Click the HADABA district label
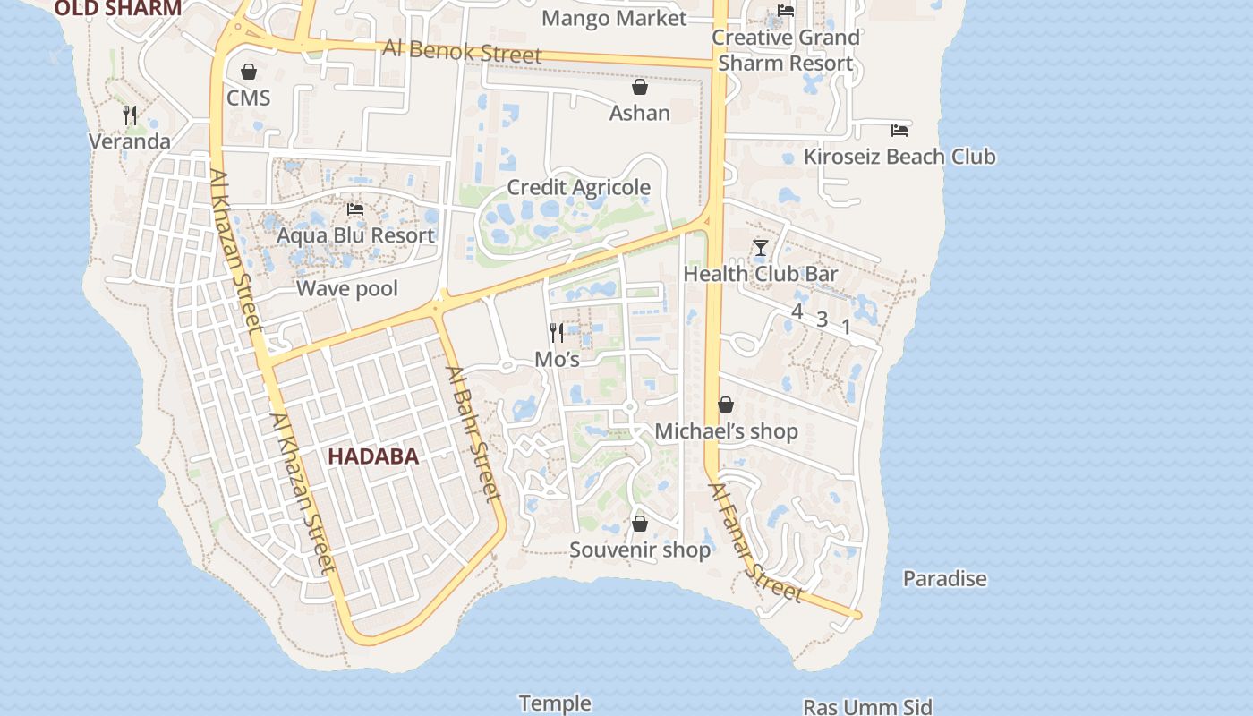coord(372,456)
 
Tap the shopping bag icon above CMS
coord(249,72)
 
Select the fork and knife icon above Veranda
coord(130,115)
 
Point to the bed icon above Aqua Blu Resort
coord(355,209)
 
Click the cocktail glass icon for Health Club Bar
coord(761,248)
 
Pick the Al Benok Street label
coord(462,51)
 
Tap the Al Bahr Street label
coord(472,433)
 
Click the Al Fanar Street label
coord(755,543)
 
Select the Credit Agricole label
coord(578,187)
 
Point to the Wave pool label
coord(347,288)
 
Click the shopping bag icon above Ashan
coord(640,87)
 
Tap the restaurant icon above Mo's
coord(557,333)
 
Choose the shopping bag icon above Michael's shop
coord(726,405)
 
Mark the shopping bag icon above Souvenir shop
coord(640,524)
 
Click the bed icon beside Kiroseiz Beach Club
coord(899,131)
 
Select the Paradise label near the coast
coord(944,579)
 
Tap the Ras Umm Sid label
coord(867,707)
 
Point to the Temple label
coord(555,703)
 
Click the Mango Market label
coord(614,18)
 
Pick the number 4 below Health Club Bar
coord(797,311)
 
